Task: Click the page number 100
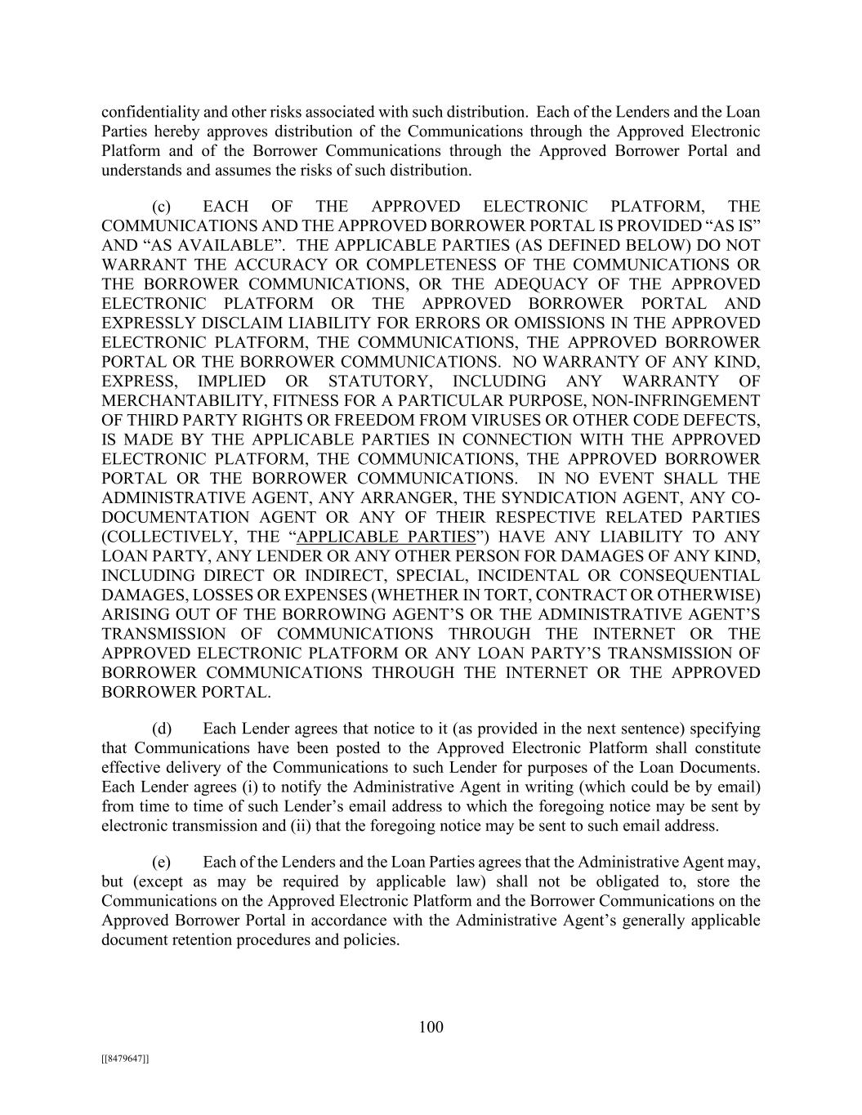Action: [431, 1028]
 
